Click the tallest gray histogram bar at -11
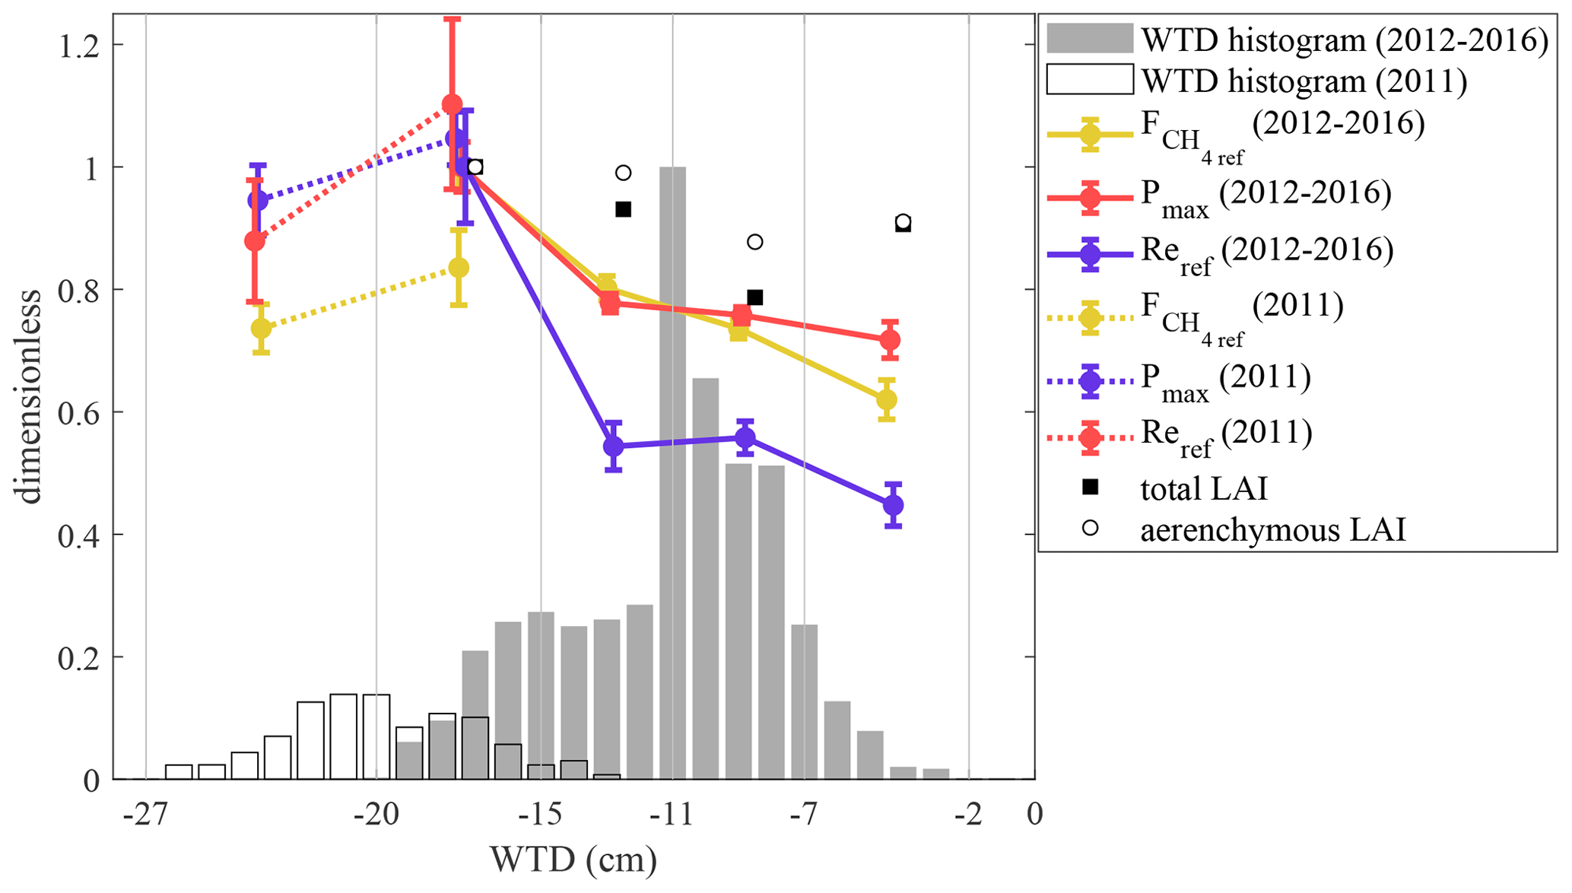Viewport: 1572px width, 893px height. click(x=672, y=472)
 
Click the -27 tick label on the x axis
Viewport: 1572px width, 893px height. click(x=145, y=815)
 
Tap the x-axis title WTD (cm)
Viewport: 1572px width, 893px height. click(x=573, y=860)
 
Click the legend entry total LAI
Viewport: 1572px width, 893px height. click(x=1204, y=488)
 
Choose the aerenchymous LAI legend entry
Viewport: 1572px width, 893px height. click(x=1272, y=529)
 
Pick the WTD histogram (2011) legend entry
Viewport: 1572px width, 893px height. click(x=1304, y=81)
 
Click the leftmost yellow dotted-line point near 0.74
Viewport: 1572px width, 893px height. click(x=261, y=329)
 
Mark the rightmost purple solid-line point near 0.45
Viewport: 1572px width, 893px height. click(x=894, y=505)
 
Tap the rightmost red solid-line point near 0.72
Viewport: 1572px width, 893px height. click(x=890, y=340)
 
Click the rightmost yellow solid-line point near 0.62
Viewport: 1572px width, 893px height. click(x=886, y=399)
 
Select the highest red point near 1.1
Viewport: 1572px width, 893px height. click(x=452, y=104)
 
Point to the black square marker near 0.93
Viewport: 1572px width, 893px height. click(x=623, y=209)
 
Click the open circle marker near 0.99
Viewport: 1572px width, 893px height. click(x=623, y=173)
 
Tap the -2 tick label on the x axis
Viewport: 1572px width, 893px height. click(x=968, y=815)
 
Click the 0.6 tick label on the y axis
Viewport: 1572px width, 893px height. click(x=80, y=412)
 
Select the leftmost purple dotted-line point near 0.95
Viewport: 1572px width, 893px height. click(x=258, y=201)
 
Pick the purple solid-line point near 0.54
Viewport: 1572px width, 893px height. click(x=614, y=446)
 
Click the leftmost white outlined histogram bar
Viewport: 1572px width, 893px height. click(x=179, y=772)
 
